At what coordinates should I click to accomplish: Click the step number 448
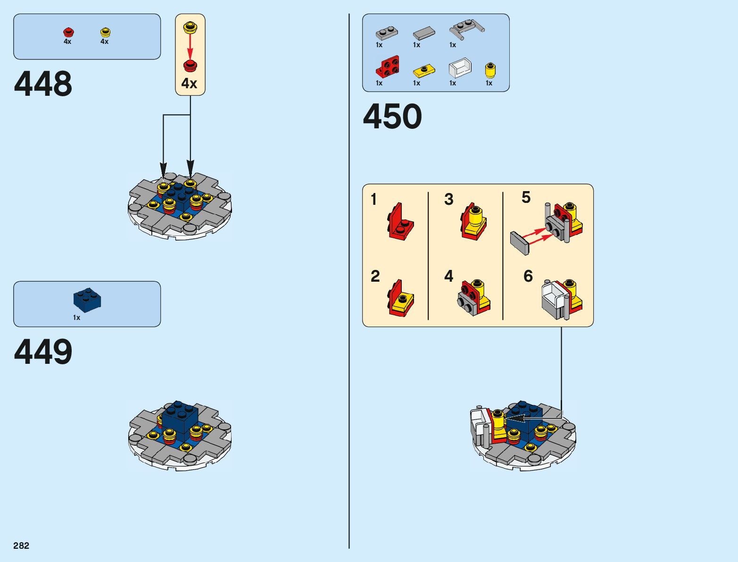(43, 84)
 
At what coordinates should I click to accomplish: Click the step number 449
(43, 352)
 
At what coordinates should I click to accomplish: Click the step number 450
(392, 117)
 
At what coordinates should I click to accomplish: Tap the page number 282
(21, 545)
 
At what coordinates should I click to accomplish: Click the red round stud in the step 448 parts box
(68, 33)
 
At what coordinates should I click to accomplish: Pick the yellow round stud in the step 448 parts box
(105, 33)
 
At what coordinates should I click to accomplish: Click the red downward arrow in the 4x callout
(190, 46)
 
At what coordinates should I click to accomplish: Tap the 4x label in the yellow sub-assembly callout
(189, 84)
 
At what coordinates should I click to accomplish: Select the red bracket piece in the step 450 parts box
(388, 67)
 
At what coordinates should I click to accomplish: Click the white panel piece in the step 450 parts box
(460, 68)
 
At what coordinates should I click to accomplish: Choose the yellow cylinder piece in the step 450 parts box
(490, 71)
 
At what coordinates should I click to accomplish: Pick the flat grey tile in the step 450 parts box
(424, 33)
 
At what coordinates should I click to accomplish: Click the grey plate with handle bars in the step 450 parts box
(466, 29)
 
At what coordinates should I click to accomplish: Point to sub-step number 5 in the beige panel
(526, 197)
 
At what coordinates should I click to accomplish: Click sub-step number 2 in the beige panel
(375, 276)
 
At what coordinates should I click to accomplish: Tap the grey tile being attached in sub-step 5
(520, 243)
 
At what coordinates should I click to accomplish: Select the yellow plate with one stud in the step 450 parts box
(424, 71)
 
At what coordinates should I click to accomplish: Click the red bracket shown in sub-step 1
(400, 222)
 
